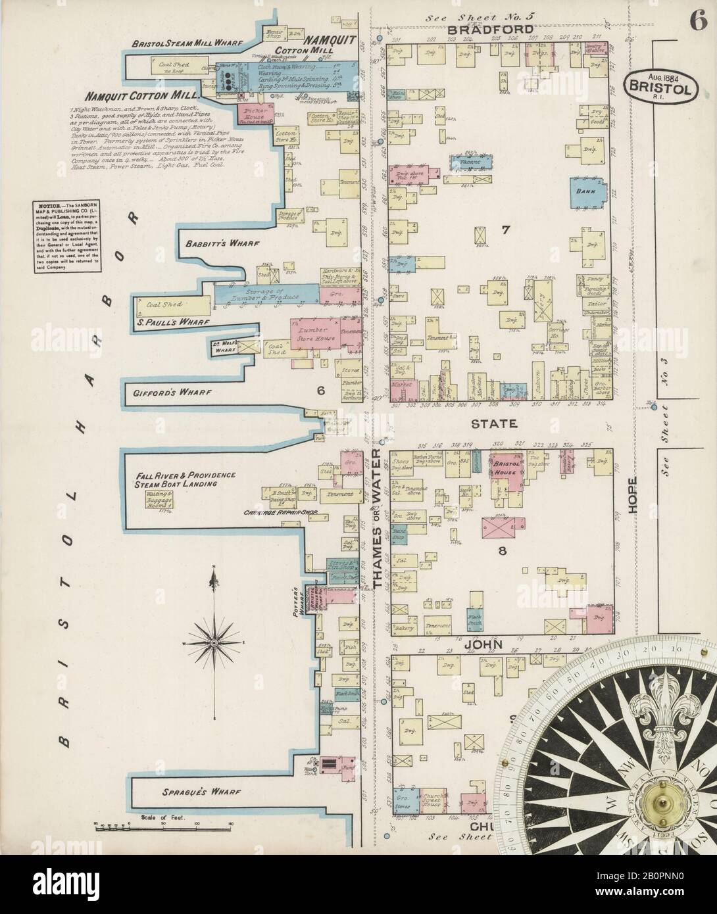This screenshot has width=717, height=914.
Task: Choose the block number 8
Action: point(501,551)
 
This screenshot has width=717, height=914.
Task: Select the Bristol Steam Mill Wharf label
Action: point(179,44)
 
